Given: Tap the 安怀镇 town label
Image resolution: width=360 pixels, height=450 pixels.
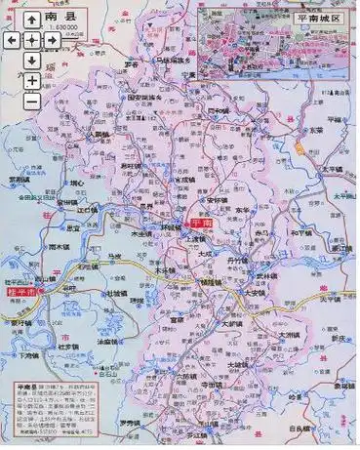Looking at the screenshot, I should [x=216, y=201].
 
